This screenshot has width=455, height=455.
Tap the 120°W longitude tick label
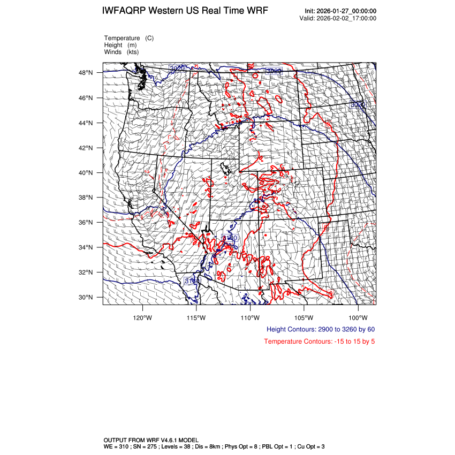click(x=142, y=317)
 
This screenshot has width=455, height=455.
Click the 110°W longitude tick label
click(x=250, y=317)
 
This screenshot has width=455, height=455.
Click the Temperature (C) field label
click(x=129, y=38)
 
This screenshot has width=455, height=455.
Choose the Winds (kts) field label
click(x=122, y=52)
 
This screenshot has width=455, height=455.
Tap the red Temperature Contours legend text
click(x=319, y=342)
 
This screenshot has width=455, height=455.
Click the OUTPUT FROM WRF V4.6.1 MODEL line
click(x=151, y=439)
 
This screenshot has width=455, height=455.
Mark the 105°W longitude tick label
click(x=304, y=317)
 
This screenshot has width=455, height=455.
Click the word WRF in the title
click(x=257, y=11)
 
